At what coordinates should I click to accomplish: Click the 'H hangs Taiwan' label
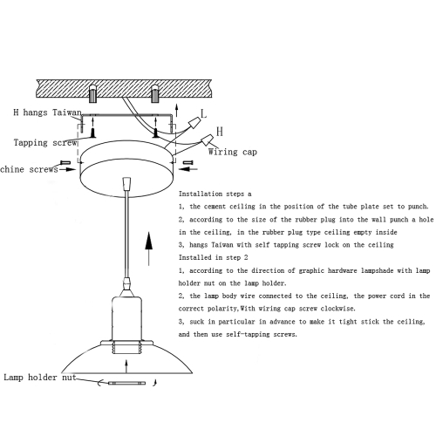47,112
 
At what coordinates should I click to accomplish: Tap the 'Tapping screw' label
45,143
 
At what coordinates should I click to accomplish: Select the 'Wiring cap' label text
233,152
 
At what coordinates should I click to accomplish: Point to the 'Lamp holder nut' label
40,378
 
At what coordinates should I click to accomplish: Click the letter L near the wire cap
204,113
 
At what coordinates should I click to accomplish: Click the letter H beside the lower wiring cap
220,132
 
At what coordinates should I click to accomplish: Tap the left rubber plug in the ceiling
92,93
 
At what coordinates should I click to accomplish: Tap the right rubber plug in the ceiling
155,93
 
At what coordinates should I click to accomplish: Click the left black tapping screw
93,133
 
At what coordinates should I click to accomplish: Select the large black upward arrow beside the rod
149,249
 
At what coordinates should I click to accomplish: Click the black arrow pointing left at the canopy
188,169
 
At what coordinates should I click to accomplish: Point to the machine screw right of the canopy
188,162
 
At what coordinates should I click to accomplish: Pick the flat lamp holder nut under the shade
126,384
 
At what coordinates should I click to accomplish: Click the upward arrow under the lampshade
126,366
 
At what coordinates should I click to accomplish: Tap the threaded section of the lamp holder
126,348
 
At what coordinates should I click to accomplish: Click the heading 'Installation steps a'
215,194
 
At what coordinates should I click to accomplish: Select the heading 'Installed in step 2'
213,257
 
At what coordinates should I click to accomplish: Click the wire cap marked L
194,123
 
